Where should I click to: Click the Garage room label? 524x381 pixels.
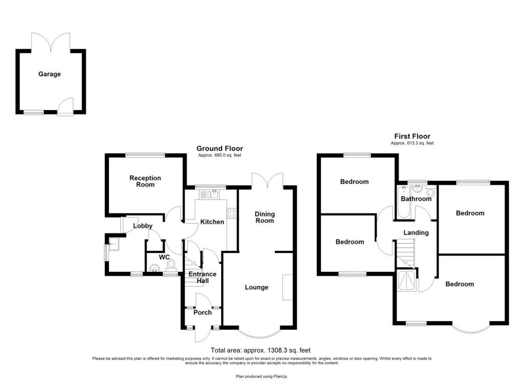(50, 74)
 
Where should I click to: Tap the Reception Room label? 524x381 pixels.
(145, 181)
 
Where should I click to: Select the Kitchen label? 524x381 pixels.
(212, 222)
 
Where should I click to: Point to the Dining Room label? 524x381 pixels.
(265, 217)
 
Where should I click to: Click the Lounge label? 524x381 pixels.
(257, 287)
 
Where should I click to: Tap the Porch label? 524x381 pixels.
(203, 312)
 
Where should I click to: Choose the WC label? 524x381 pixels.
(164, 257)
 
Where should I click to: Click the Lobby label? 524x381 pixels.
(143, 226)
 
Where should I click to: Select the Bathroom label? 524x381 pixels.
(416, 199)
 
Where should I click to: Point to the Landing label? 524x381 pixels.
(416, 232)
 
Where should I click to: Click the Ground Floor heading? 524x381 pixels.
(220, 149)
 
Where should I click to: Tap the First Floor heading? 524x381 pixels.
(412, 136)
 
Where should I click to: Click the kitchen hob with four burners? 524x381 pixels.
(232, 213)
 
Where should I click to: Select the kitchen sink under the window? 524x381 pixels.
(209, 194)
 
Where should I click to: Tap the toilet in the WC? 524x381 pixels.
(171, 265)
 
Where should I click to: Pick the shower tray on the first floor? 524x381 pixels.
(407, 280)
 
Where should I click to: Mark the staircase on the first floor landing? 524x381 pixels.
(405, 253)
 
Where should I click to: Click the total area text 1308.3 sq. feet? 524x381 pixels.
(260, 350)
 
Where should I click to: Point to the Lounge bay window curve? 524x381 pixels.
(260, 335)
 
